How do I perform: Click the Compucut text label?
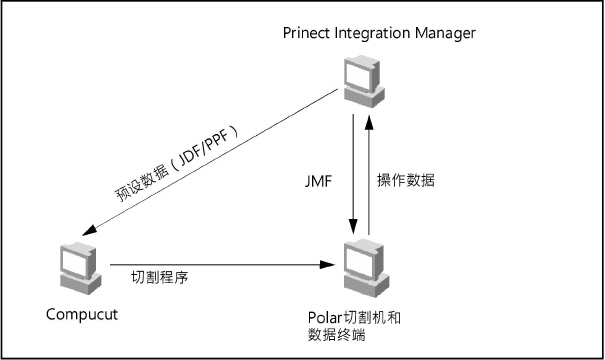[82, 315]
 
